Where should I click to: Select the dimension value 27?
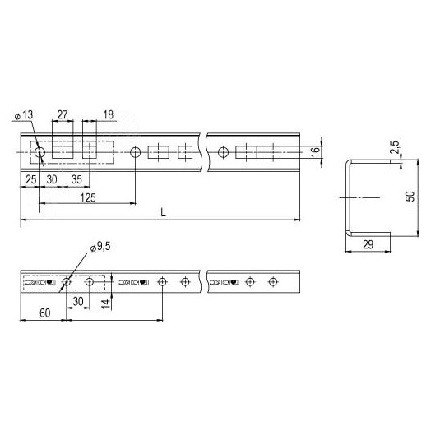click(x=63, y=116)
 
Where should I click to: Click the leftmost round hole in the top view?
click(x=39, y=151)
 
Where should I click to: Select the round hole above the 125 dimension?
click(x=134, y=151)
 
